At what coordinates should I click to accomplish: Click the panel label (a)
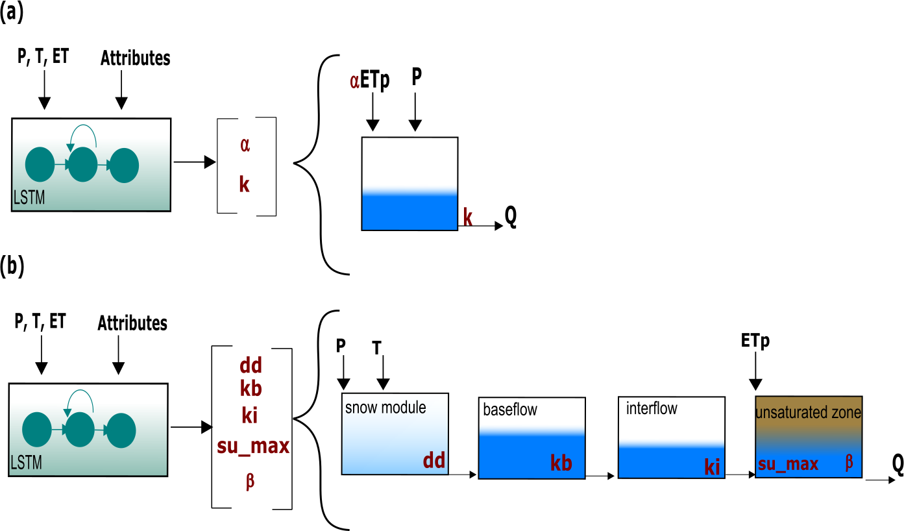[12, 13]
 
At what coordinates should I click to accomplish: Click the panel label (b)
[12, 267]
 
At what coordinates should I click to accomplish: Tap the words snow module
[385, 408]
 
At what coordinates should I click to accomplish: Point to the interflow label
[652, 409]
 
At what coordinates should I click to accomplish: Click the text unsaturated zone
[808, 412]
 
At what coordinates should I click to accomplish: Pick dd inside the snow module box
[434, 460]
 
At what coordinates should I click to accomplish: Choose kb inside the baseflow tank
[561, 463]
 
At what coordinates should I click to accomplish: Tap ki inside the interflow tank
[712, 467]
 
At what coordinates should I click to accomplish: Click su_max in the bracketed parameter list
[252, 446]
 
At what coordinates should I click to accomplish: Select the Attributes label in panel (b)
[132, 323]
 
